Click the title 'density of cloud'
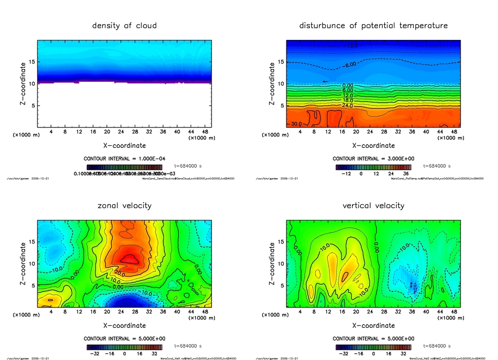click(124, 25)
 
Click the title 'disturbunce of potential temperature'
click(373, 25)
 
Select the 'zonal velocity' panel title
click(124, 205)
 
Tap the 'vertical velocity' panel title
click(373, 205)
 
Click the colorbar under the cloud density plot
click(124, 167)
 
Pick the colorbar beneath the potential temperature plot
click(373, 167)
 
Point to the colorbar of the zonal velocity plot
click(124, 347)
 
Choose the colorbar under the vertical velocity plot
click(373, 347)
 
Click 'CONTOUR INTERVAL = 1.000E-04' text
click(124, 159)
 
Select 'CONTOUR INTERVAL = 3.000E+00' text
click(373, 159)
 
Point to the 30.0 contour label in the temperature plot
click(297, 124)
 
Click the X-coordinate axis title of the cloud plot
click(124, 145)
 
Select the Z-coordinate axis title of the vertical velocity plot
click(272, 263)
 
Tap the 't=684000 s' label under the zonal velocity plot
click(191, 346)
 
